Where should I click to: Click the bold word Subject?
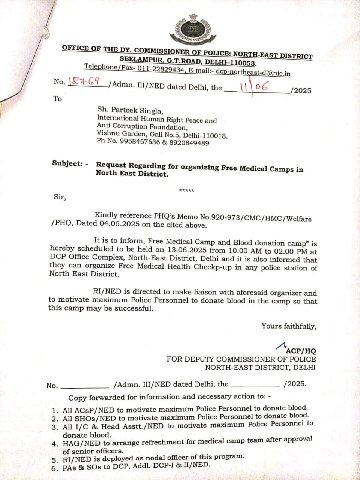(x=67, y=163)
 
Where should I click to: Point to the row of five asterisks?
(x=186, y=191)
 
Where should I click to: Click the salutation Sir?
(x=60, y=197)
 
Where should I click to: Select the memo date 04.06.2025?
(x=119, y=224)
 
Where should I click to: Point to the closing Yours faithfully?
(x=289, y=326)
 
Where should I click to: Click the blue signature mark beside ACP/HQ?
(x=280, y=345)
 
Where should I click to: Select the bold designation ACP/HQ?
(x=301, y=351)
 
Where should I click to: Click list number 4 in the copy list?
(x=55, y=444)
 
